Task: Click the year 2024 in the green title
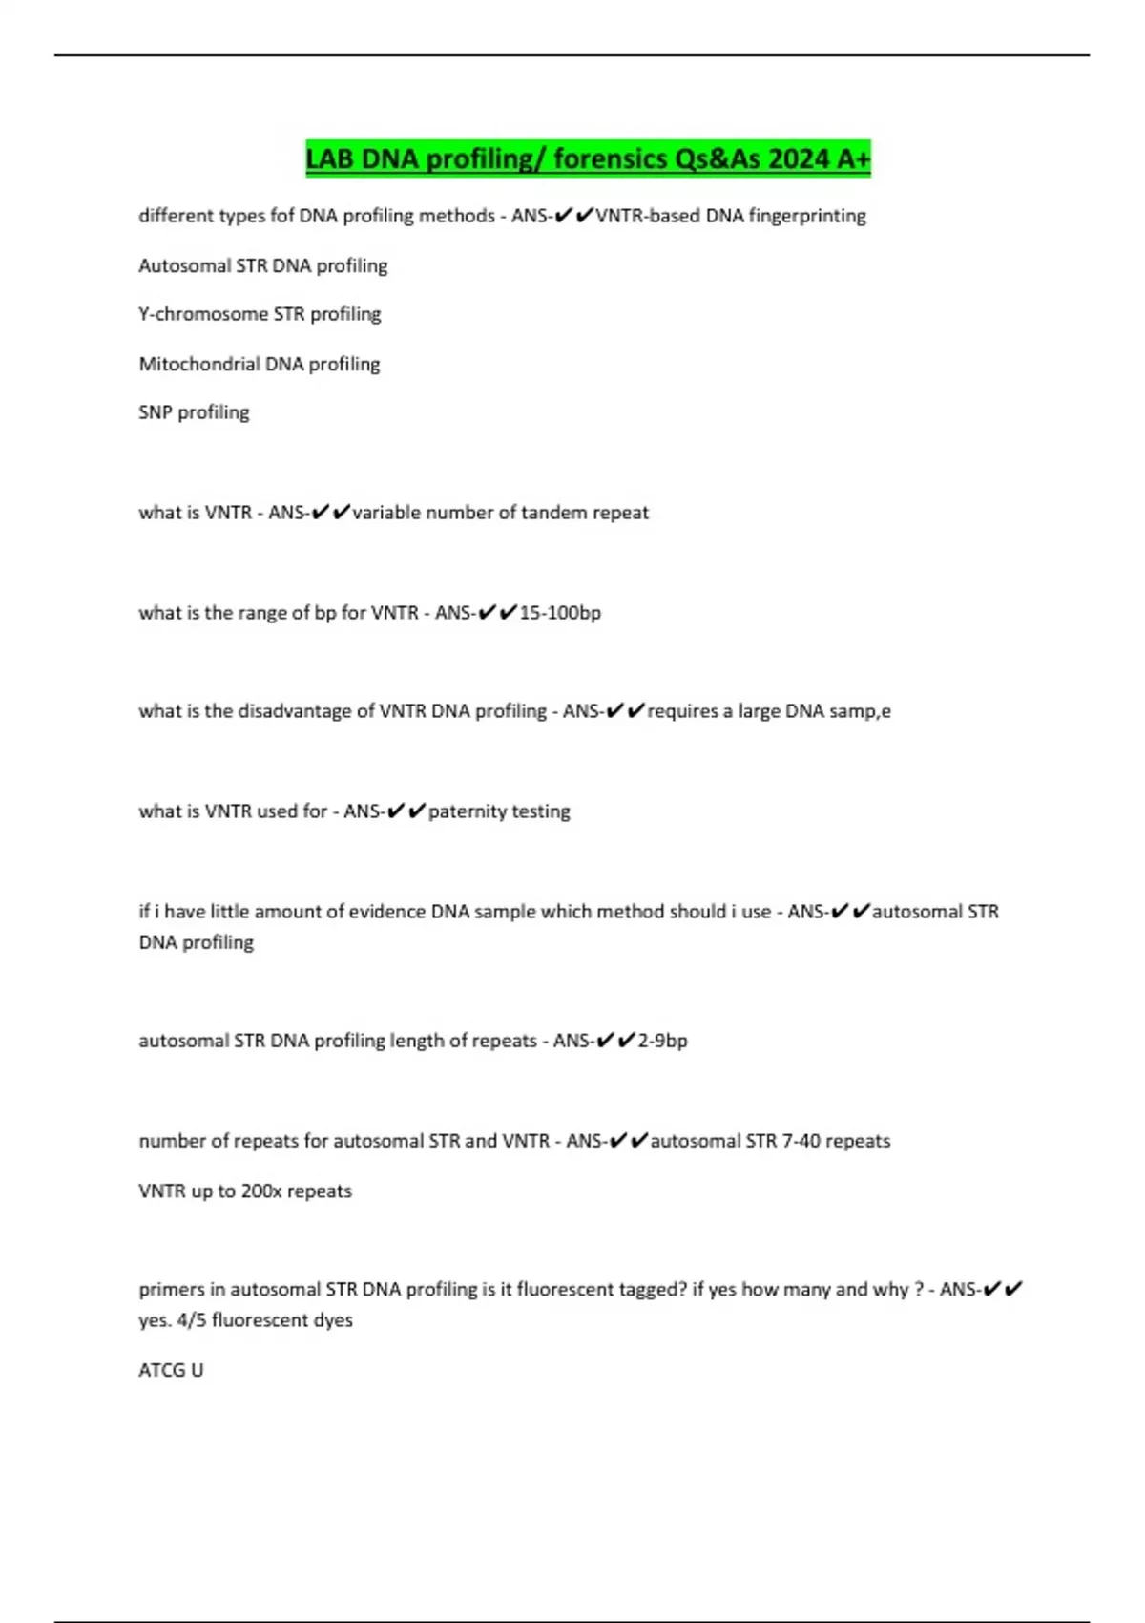pyautogui.click(x=800, y=158)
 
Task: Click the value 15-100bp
pyautogui.click(x=560, y=613)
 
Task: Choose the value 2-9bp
pyautogui.click(x=662, y=1041)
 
